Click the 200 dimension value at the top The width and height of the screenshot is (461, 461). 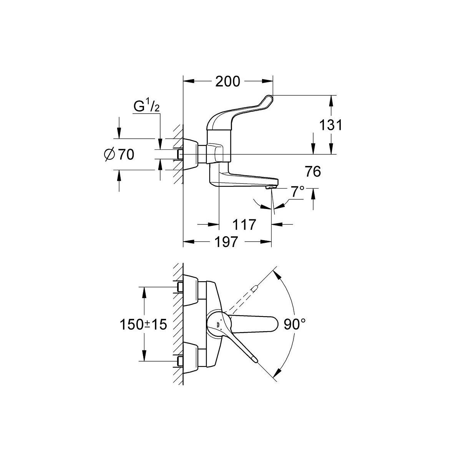227,81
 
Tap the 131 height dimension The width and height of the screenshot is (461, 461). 330,125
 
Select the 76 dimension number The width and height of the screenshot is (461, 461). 313,172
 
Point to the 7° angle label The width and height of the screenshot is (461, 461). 297,191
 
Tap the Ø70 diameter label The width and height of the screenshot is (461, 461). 119,154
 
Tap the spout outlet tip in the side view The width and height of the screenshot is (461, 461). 272,187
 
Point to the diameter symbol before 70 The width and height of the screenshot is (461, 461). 109,154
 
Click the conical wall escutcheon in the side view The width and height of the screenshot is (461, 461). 190,154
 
